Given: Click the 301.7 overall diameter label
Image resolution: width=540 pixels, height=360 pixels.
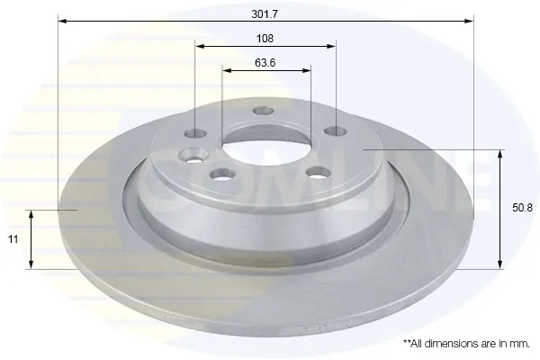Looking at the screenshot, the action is pos(265,14).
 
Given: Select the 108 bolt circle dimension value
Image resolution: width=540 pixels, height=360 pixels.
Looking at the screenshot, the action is pos(265,38).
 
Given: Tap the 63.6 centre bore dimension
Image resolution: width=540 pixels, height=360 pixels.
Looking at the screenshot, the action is pos(265,63).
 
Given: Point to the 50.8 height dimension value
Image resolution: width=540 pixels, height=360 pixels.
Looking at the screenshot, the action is pos(522,208).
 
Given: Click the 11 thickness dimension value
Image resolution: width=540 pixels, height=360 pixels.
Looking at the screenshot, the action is pos(13,239).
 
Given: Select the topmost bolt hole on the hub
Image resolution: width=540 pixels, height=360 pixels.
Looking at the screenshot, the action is pos(264,111).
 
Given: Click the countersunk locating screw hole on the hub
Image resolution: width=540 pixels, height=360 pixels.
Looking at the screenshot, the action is pos(193,156).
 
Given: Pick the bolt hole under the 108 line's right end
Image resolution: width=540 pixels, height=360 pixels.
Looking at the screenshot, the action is pos(336,131).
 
